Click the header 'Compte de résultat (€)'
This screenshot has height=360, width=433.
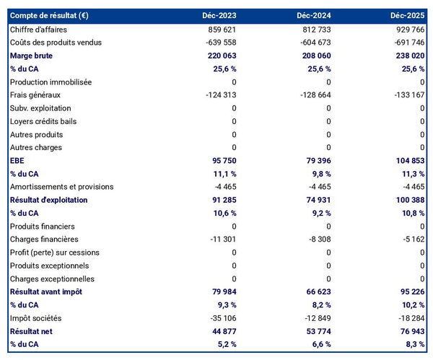click(x=49, y=15)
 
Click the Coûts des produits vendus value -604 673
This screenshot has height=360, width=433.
click(x=312, y=43)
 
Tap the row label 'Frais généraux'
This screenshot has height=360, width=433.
click(x=35, y=95)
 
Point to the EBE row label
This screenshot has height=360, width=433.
click(x=18, y=161)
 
